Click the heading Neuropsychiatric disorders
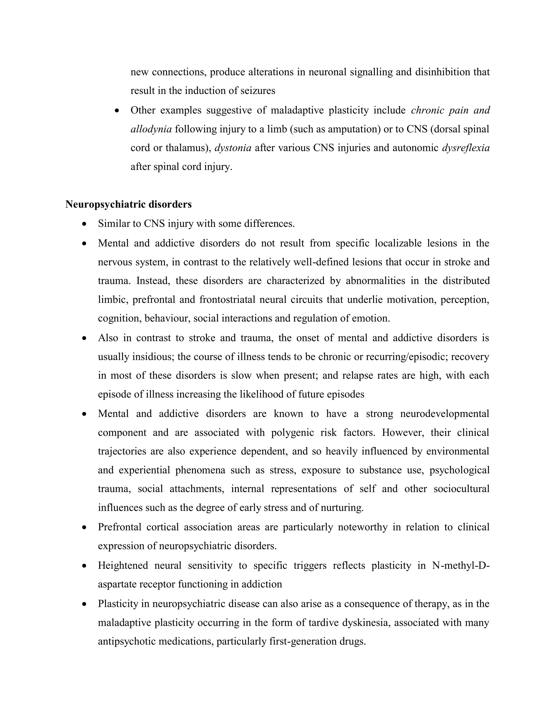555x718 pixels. point(128,204)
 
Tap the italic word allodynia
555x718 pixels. point(151,129)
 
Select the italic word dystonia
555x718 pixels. point(233,148)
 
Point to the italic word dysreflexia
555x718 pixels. point(466,148)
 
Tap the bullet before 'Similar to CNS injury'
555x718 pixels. point(85,224)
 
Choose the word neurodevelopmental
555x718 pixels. point(444,413)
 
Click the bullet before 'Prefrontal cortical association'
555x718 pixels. point(85,527)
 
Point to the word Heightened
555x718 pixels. point(123,565)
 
